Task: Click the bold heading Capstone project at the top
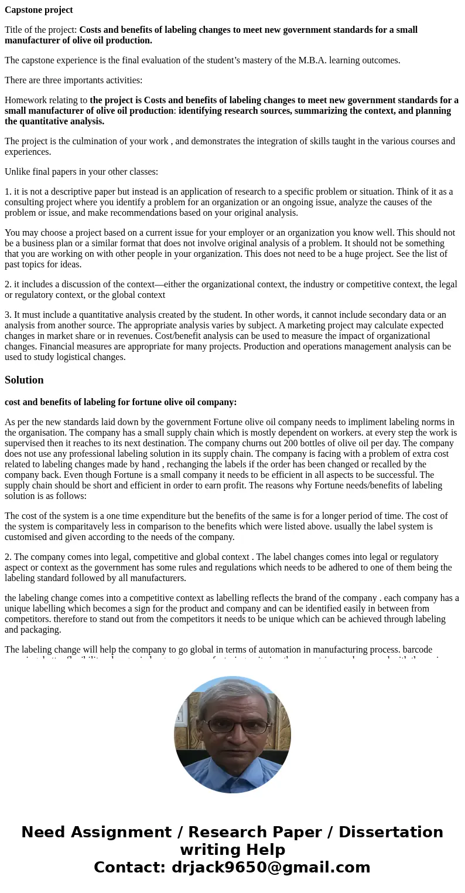[x=39, y=10]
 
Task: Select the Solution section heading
[x=24, y=380]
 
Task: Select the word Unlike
[x=18, y=172]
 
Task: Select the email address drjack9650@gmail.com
[x=271, y=868]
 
